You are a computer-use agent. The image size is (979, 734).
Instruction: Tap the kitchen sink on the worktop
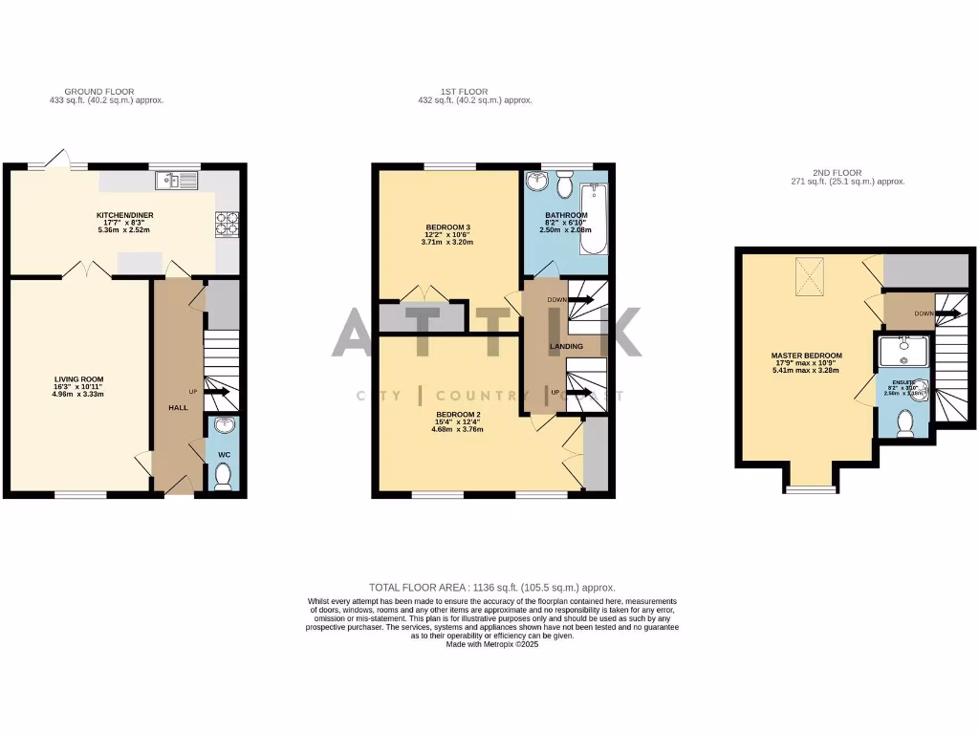pyautogui.click(x=173, y=179)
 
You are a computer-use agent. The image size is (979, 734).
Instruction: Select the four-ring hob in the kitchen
pyautogui.click(x=227, y=223)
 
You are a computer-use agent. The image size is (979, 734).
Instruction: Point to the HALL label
pyautogui.click(x=178, y=407)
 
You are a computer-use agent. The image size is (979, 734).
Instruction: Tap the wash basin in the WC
pyautogui.click(x=223, y=426)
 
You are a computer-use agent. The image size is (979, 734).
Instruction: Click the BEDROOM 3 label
pyautogui.click(x=447, y=227)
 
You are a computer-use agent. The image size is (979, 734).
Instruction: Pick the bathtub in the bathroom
pyautogui.click(x=595, y=218)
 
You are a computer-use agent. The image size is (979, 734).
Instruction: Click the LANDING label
pyautogui.click(x=566, y=346)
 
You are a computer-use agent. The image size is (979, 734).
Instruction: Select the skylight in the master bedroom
pyautogui.click(x=813, y=278)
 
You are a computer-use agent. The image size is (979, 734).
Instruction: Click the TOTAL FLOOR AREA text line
pyautogui.click(x=491, y=587)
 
